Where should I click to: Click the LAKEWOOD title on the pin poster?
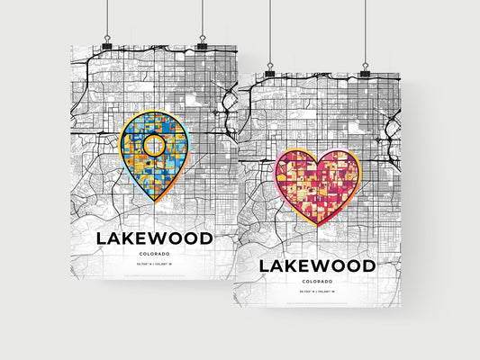coord(155,238)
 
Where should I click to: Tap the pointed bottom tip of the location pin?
coord(155,199)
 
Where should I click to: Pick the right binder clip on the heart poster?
coord(365,70)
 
